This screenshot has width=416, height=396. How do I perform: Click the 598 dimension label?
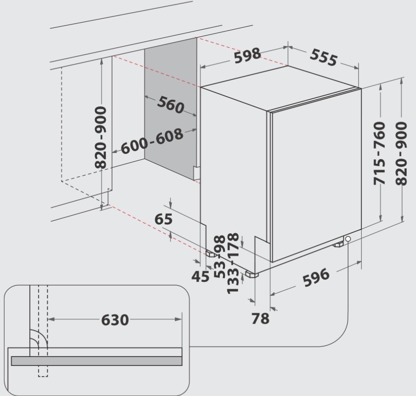coord(248,56)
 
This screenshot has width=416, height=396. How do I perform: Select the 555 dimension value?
coord(323,57)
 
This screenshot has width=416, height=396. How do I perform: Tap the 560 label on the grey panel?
coord(170,104)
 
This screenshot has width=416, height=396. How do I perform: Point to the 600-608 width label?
coord(152,141)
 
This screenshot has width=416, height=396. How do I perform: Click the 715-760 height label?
coord(379,153)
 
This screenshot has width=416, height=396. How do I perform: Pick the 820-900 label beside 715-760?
coord(401,153)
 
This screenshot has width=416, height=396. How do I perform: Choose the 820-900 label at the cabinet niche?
coord(101,137)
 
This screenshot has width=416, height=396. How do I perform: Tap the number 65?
coord(163,219)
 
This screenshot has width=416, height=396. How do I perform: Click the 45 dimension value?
coord(200,276)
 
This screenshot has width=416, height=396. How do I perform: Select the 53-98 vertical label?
coord(220,256)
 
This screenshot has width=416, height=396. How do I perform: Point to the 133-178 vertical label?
coord(233,263)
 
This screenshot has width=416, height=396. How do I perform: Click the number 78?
coord(260,318)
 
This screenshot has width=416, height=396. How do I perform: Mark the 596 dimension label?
coord(316,277)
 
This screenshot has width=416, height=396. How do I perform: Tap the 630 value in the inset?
coord(115,320)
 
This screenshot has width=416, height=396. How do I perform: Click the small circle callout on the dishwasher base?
coord(348,239)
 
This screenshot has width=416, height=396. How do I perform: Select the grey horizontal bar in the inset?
coord(96,361)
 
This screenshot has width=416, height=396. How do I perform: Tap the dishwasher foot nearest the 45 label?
coord(211,254)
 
